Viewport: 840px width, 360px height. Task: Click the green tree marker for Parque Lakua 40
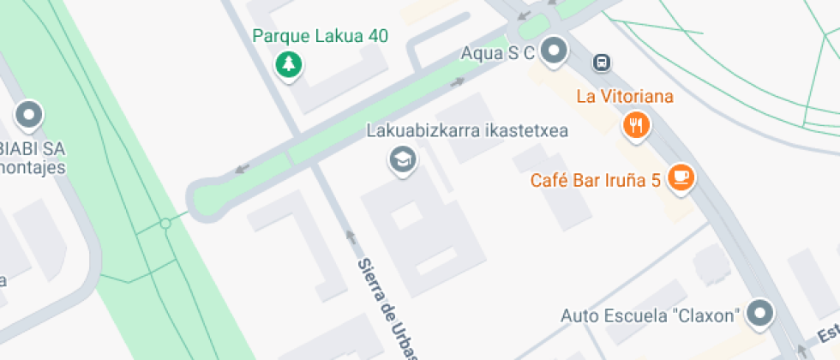pyautogui.click(x=289, y=64)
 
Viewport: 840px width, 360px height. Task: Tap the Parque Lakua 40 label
pyautogui.click(x=321, y=36)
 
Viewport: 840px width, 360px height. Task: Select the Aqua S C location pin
pyautogui.click(x=555, y=50)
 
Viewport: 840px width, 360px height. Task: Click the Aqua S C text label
pyautogui.click(x=497, y=53)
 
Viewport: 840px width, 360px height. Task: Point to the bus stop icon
pyautogui.click(x=603, y=62)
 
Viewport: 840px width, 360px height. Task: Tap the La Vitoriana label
pyautogui.click(x=625, y=96)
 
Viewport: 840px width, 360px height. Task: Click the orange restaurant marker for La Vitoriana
pyautogui.click(x=636, y=126)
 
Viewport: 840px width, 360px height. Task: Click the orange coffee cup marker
pyautogui.click(x=681, y=177)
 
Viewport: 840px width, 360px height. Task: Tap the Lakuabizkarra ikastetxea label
pyautogui.click(x=468, y=132)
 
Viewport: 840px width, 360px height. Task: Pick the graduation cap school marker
pyautogui.click(x=400, y=159)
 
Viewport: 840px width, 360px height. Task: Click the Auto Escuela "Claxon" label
pyautogui.click(x=650, y=315)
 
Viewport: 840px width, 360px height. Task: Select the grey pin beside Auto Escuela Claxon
pyautogui.click(x=759, y=314)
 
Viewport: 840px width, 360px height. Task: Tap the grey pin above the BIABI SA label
pyautogui.click(x=31, y=115)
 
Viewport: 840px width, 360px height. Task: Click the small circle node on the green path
pyautogui.click(x=165, y=224)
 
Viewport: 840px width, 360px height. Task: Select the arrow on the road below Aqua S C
pyautogui.click(x=459, y=82)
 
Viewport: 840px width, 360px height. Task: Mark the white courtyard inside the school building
pyautogui.click(x=406, y=215)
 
